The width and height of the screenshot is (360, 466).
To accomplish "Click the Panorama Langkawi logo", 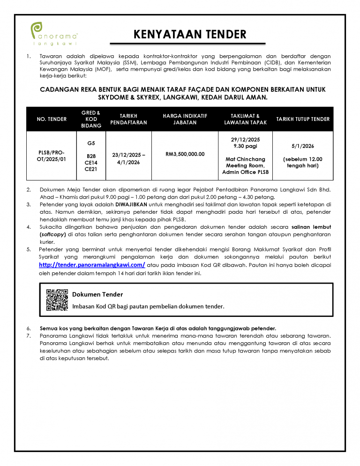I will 54,34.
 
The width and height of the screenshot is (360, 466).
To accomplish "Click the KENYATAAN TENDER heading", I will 190,34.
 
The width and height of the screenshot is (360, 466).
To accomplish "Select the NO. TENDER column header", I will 52,119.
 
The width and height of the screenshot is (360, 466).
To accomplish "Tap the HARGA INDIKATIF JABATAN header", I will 185,119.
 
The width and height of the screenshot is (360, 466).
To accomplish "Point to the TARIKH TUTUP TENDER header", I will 303,119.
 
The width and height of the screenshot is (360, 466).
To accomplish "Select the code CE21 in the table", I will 91,169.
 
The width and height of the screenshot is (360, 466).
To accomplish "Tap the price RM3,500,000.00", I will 185,153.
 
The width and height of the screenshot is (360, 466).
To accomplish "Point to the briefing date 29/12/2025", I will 245,140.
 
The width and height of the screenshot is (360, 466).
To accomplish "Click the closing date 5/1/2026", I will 303,146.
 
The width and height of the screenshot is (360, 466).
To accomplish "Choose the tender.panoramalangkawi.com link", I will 91,265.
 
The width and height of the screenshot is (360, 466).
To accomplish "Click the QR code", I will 57,300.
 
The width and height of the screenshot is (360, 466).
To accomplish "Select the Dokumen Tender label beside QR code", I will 97,294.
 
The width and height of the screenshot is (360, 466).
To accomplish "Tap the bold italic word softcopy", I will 54,234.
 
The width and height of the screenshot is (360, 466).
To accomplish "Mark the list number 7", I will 29,336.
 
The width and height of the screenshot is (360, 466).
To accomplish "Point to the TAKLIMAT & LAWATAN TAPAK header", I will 245,119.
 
